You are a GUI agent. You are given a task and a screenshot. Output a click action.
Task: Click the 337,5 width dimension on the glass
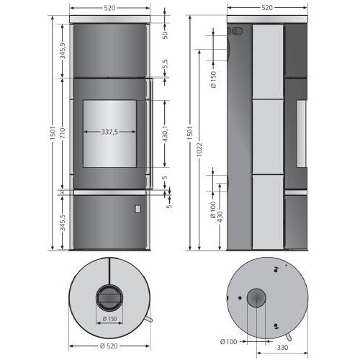pyautogui.click(x=110, y=132)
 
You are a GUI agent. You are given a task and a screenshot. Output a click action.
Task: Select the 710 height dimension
pyautogui.click(x=63, y=133)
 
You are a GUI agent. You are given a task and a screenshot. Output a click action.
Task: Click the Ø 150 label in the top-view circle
pyautogui.click(x=110, y=318)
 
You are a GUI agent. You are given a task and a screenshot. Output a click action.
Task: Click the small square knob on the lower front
pyautogui.click(x=136, y=209)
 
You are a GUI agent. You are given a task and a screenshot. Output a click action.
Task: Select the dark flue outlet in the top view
pyautogui.click(x=110, y=296)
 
